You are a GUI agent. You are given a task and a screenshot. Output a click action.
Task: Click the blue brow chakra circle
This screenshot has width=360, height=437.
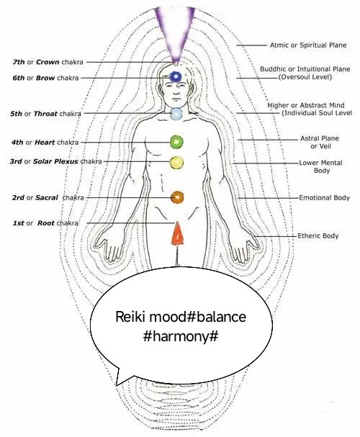pos(176,76)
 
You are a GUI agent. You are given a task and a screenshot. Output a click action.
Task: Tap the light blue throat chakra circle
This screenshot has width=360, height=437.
pos(176,114)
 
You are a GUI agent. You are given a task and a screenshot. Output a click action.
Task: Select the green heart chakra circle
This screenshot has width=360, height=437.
pos(177,142)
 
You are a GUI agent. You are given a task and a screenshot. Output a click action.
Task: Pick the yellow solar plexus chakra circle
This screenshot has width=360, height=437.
pos(177,163)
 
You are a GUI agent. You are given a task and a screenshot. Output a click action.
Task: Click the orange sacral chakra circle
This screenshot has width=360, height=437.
pos(177,197)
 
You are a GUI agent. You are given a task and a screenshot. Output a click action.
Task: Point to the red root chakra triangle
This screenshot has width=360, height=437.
pos(178,234)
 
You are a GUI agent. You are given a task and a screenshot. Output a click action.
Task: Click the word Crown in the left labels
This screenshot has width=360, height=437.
pos(48,62)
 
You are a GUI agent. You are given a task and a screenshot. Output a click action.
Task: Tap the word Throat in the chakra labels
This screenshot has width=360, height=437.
pos(45,114)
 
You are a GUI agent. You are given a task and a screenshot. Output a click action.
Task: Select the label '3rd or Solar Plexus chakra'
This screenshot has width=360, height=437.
pos(55,161)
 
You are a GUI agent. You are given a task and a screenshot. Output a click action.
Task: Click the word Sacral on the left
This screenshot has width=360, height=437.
pos(47,197)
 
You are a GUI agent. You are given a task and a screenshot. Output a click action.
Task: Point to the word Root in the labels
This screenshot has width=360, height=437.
pos(45,223)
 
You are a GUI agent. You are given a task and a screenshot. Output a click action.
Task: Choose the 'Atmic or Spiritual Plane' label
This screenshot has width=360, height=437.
pos(308,45)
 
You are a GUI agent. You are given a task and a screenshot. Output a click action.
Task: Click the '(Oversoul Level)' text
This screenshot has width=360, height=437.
pos(305,77)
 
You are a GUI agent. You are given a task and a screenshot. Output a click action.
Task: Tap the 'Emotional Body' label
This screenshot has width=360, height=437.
pos(324,197)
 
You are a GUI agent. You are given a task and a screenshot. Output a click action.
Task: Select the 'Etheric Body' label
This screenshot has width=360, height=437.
pos(318,236)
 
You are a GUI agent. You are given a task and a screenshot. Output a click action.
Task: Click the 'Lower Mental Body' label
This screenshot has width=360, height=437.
pos(321,166)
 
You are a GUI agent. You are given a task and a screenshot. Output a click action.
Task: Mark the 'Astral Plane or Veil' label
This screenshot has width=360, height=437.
pos(320,142)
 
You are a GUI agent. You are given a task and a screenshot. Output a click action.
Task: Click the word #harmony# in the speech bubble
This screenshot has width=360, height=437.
pos(181,337)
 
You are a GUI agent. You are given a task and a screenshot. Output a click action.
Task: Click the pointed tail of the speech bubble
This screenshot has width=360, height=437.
pos(117,385)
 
